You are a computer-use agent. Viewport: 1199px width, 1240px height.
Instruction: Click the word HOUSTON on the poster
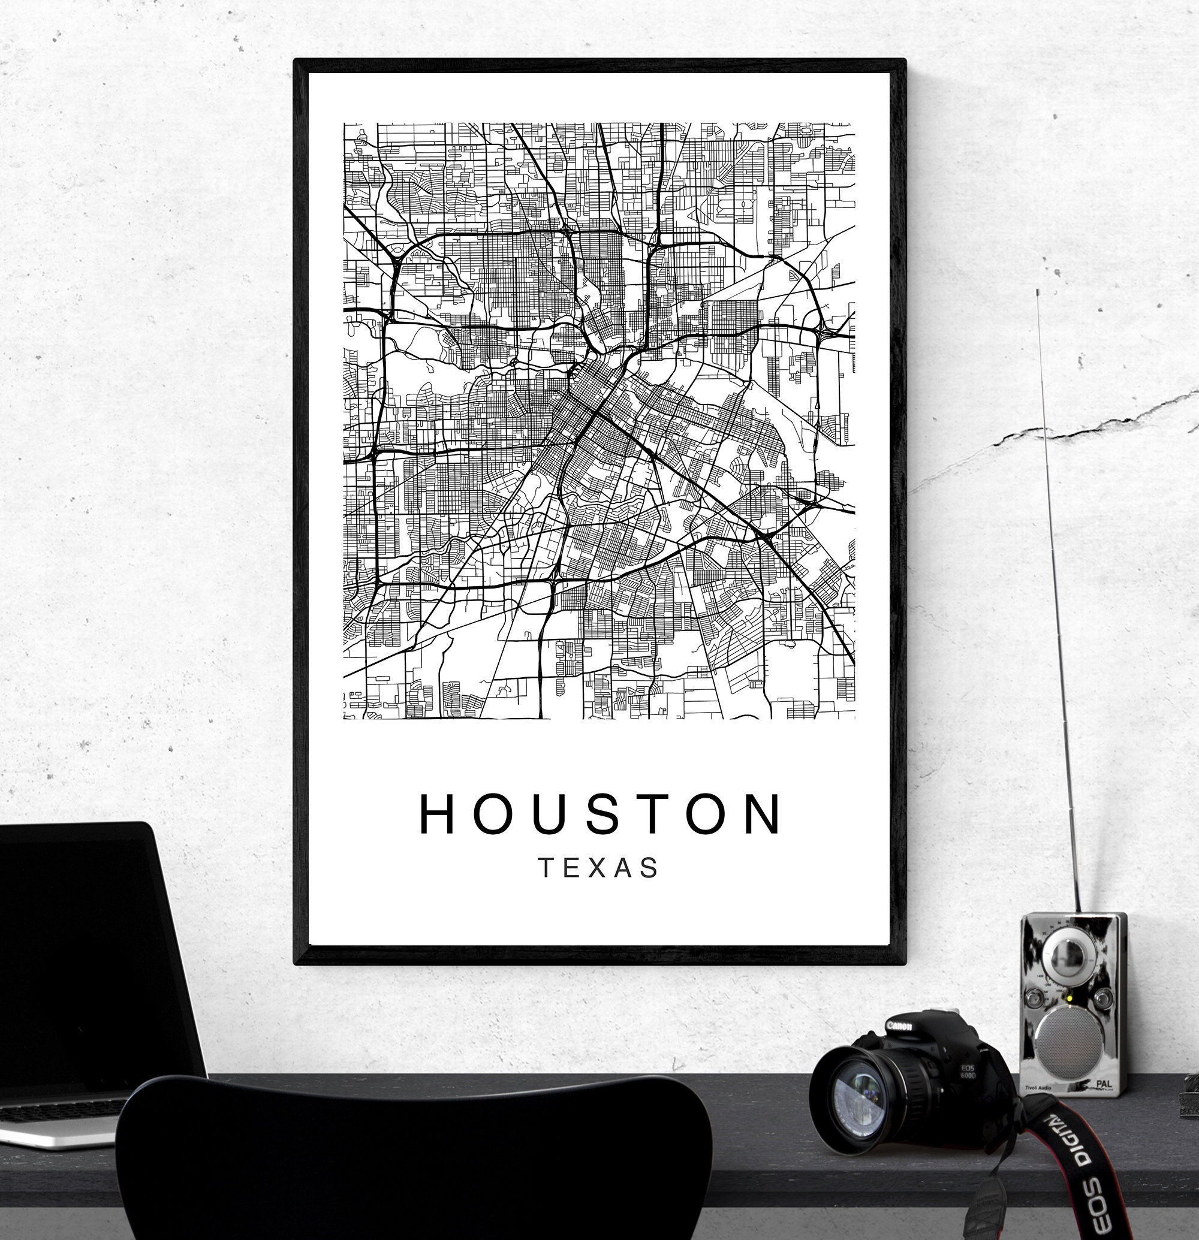pyautogui.click(x=600, y=814)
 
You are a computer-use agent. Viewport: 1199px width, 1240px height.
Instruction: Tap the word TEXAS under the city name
pyautogui.click(x=598, y=868)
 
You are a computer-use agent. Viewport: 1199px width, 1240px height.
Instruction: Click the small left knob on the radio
pyautogui.click(x=1036, y=1000)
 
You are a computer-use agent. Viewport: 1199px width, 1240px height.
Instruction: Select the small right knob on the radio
pyautogui.click(x=1104, y=998)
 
